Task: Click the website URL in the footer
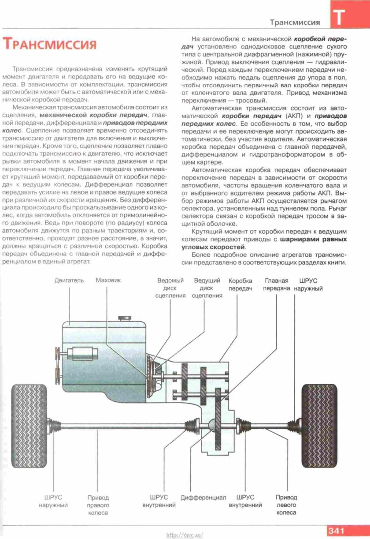tap(185, 535)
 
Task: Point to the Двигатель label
tap(69, 281)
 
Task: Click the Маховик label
tap(108, 281)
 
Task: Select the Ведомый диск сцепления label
tap(170, 288)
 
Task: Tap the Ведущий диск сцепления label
tap(207, 288)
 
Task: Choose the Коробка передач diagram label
tap(240, 284)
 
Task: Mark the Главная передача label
tap(277, 284)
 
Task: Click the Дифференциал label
tap(203, 498)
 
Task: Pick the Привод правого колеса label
tap(98, 505)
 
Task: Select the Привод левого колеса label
tap(286, 505)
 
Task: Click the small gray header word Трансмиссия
tap(295, 22)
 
